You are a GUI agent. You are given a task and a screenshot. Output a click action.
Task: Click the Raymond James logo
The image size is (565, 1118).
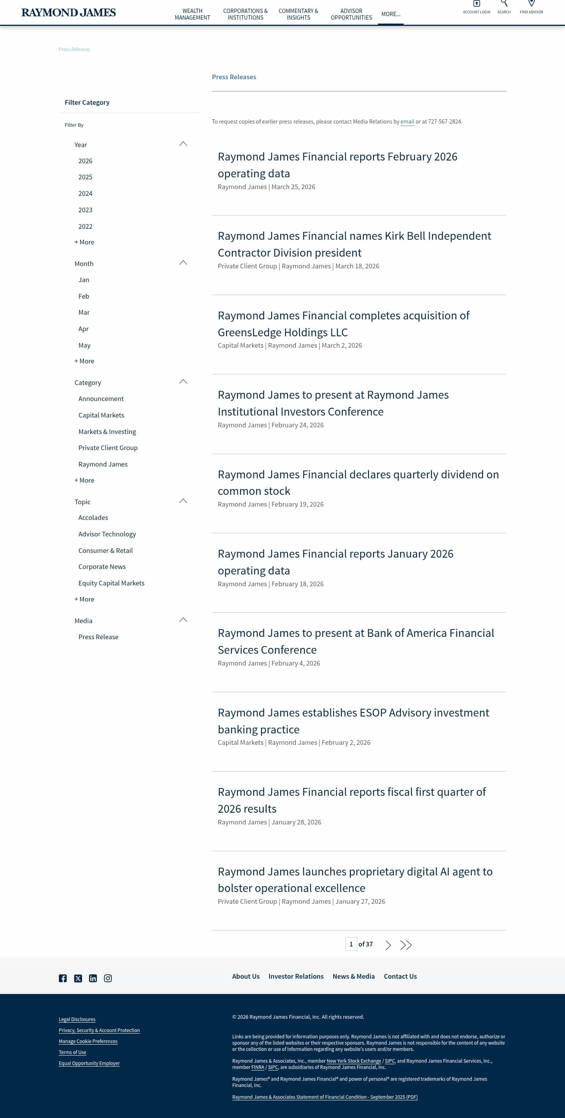pyautogui.click(x=69, y=13)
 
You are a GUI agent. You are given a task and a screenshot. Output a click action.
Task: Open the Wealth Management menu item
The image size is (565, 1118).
pyautogui.click(x=192, y=14)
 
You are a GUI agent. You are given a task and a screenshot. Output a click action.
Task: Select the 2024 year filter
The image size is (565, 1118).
pyautogui.click(x=85, y=193)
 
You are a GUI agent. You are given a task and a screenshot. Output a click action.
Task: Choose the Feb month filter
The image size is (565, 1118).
pyautogui.click(x=84, y=296)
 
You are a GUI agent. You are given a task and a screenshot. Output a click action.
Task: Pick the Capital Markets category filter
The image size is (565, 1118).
pyautogui.click(x=101, y=415)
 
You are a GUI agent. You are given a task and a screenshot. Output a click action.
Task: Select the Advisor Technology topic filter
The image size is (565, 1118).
pyautogui.click(x=107, y=534)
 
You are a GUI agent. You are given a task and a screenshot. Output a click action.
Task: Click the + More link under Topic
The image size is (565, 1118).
pyautogui.click(x=84, y=599)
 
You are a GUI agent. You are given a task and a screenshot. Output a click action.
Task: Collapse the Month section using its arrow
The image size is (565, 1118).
pyautogui.click(x=183, y=263)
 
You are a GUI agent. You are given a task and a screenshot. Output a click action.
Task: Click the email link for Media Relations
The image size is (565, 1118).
pyautogui.click(x=407, y=122)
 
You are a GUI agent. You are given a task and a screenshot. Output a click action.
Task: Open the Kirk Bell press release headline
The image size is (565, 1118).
pyautogui.click(x=354, y=244)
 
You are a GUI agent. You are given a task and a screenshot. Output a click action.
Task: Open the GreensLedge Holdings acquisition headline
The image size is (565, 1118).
pyautogui.click(x=343, y=324)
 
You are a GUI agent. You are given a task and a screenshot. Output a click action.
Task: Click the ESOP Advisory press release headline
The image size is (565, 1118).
pyautogui.click(x=353, y=721)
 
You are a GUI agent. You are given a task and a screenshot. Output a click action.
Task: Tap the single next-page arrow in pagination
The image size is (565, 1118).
pyautogui.click(x=388, y=945)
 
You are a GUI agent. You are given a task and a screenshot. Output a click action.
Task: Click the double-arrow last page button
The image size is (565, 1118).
pyautogui.click(x=406, y=945)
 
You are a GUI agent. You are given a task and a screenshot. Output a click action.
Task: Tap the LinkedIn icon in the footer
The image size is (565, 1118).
pyautogui.click(x=93, y=978)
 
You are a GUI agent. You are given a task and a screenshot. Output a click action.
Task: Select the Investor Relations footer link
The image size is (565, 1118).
pyautogui.click(x=296, y=976)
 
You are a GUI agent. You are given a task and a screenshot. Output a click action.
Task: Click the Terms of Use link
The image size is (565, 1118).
pyautogui.click(x=73, y=1052)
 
